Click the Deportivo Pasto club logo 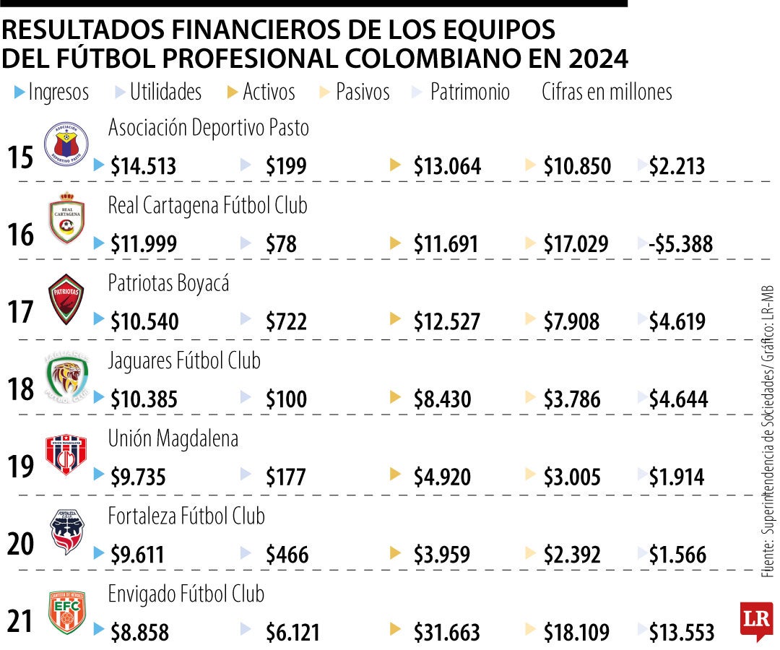[x=66, y=142]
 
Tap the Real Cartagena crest [x=66, y=219]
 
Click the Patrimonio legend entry [x=469, y=92]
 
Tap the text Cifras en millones [x=607, y=92]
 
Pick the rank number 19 [x=22, y=467]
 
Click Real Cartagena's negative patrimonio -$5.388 [x=681, y=244]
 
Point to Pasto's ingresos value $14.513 [x=144, y=167]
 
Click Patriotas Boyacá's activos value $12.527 [x=446, y=322]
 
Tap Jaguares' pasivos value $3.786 [x=572, y=399]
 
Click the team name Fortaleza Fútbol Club [x=186, y=516]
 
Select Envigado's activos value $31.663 [x=446, y=633]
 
